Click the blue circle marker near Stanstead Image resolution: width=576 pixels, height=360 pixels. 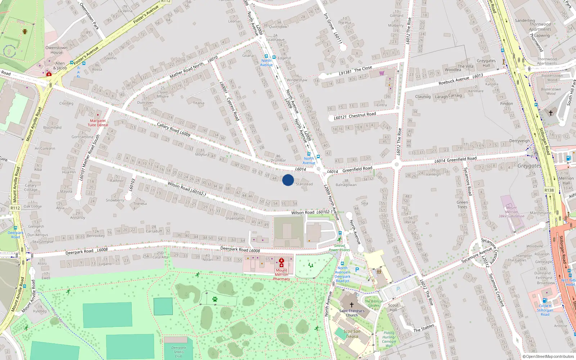pos(288,180)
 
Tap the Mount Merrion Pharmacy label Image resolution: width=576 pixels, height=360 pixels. pos(282,274)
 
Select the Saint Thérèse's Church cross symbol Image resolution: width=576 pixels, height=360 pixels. pos(352,305)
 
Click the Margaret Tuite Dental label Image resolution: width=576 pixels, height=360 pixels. pos(98,123)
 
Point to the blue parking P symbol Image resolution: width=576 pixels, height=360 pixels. pos(357,269)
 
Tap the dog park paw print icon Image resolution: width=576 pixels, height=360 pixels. pos(215,299)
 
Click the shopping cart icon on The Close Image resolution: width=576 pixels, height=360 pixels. pos(382,73)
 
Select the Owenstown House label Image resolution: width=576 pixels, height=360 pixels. pos(56,50)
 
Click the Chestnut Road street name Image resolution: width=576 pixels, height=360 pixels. pos(362,115)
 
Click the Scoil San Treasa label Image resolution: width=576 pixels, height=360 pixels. pos(352,334)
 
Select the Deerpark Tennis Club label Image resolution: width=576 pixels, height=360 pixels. pos(179,352)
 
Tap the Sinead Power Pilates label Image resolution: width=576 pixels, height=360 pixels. pos(339,248)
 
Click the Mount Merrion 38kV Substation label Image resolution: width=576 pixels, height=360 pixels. pos(511,212)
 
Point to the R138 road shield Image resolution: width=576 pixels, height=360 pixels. pos(549,190)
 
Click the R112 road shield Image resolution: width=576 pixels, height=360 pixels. pos(15,208)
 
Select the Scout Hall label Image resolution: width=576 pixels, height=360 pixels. pos(393,307)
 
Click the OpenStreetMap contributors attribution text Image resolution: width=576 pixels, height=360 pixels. pos(548,357)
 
